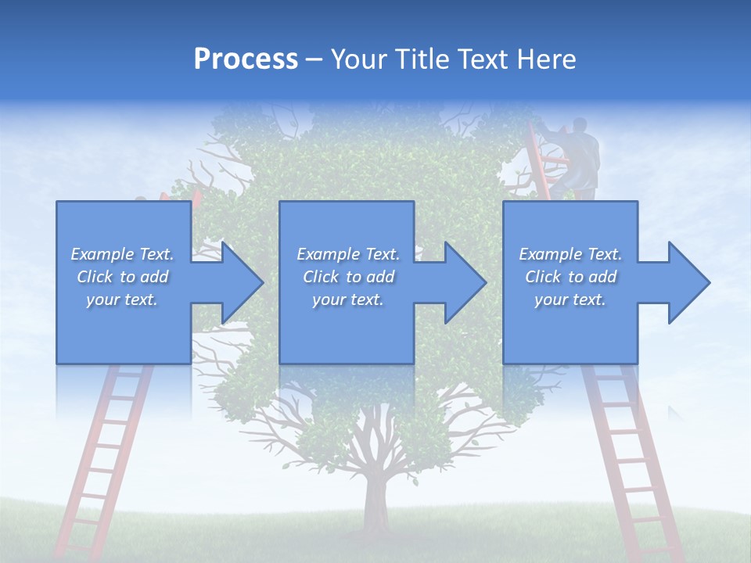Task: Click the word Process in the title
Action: pos(246,59)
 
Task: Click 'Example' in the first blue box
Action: pos(102,254)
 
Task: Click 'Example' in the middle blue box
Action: pos(328,254)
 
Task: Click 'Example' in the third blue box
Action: pos(550,254)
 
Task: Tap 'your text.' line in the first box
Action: pos(122,299)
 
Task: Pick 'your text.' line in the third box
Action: pos(570,299)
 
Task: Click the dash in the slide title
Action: pos(314,59)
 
